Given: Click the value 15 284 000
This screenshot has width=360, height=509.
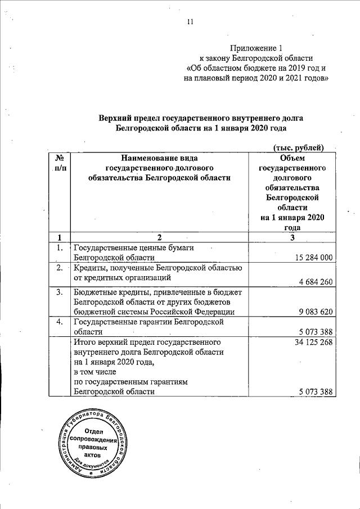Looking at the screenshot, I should tap(314, 257).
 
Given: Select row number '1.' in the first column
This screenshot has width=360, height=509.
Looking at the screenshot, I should tap(58, 247).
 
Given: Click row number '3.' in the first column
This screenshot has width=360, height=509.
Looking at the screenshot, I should tap(58, 292).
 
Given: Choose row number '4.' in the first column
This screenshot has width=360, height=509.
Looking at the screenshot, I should tap(58, 322).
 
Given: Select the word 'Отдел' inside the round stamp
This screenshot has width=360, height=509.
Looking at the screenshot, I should tap(94, 430).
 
